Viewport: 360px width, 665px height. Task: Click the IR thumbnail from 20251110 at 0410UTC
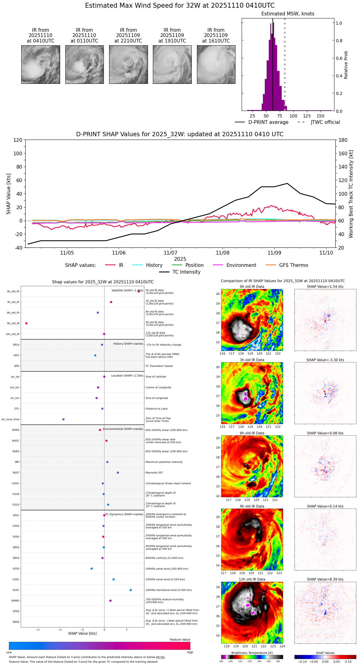tap(41, 64)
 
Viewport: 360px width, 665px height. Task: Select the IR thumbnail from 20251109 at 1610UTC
tap(216, 64)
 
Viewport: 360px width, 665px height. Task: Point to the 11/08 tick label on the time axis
tap(223, 253)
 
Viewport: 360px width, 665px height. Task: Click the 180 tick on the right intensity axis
tap(343, 140)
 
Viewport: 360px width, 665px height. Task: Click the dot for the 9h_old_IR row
tap(27, 323)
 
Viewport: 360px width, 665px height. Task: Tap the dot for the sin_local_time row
tap(63, 419)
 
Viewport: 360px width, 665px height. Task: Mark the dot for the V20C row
tap(131, 590)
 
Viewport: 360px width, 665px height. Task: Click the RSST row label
tap(16, 472)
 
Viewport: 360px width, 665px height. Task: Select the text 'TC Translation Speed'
tap(159, 366)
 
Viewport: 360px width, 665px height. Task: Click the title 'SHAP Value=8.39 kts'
tap(325, 579)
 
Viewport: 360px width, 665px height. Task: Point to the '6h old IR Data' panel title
tap(252, 433)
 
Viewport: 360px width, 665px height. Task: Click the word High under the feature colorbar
tap(190, 652)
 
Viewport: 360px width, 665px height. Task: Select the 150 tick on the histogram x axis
tap(321, 116)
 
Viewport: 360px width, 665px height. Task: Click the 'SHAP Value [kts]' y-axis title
tap(9, 194)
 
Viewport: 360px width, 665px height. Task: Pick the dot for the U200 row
tap(92, 569)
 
